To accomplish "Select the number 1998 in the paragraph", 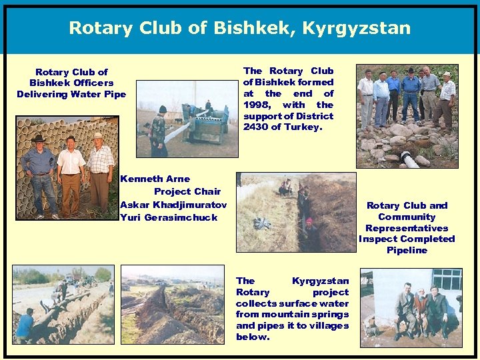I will pyautogui.click(x=259, y=105).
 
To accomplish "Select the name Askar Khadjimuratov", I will pyautogui.click(x=173, y=205).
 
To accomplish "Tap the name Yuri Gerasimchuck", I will pyautogui.click(x=169, y=217).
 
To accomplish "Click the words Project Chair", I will pyautogui.click(x=187, y=191).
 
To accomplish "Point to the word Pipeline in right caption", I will pyautogui.click(x=407, y=250).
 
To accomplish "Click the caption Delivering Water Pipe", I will pyautogui.click(x=71, y=94).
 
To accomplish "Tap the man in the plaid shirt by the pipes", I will pyautogui.click(x=100, y=173).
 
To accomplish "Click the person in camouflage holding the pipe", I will pyautogui.click(x=158, y=130).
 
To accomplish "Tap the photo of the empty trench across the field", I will pyautogui.click(x=172, y=305).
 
